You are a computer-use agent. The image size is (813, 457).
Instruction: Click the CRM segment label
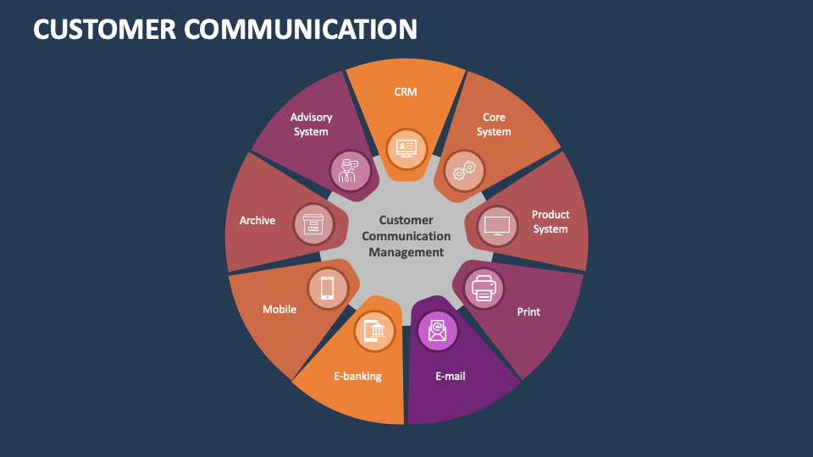pyautogui.click(x=406, y=91)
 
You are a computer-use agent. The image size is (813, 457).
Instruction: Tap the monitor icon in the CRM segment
pyautogui.click(x=406, y=147)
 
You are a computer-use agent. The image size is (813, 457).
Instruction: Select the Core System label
pyautogui.click(x=494, y=124)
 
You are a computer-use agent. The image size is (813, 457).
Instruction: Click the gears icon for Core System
pyautogui.click(x=464, y=171)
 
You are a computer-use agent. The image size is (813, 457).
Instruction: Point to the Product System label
pyautogui.click(x=550, y=222)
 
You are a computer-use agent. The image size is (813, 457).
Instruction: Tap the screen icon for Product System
pyautogui.click(x=497, y=226)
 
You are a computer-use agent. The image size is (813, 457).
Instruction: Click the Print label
pyautogui.click(x=528, y=311)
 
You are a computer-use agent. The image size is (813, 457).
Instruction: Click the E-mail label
pyautogui.click(x=451, y=376)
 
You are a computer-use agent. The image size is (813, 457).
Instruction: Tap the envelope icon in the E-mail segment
pyautogui.click(x=437, y=330)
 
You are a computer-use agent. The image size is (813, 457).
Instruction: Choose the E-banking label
pyautogui.click(x=357, y=376)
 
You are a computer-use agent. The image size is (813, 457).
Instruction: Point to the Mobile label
pyautogui.click(x=279, y=309)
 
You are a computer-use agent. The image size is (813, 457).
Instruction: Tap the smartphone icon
pyautogui.click(x=327, y=288)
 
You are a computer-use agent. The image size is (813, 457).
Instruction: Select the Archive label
pyautogui.click(x=257, y=220)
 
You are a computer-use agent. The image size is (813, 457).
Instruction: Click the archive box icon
pyautogui.click(x=313, y=225)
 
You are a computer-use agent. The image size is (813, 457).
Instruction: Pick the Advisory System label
pyautogui.click(x=311, y=124)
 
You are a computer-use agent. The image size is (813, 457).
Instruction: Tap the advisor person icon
pyautogui.click(x=348, y=169)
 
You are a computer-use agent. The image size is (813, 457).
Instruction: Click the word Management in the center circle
pyautogui.click(x=406, y=252)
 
